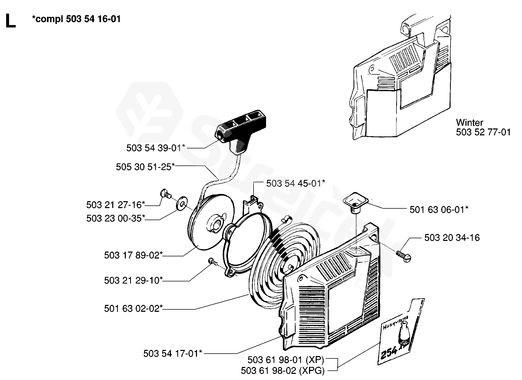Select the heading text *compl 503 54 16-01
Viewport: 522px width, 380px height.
[76, 19]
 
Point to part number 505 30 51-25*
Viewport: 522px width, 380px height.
[145, 167]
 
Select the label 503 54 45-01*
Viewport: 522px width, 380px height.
[296, 183]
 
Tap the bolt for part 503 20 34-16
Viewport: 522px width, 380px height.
[404, 257]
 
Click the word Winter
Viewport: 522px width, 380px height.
[469, 123]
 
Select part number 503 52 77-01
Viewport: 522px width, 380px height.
[483, 132]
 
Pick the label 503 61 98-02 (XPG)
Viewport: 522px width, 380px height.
[283, 371]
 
